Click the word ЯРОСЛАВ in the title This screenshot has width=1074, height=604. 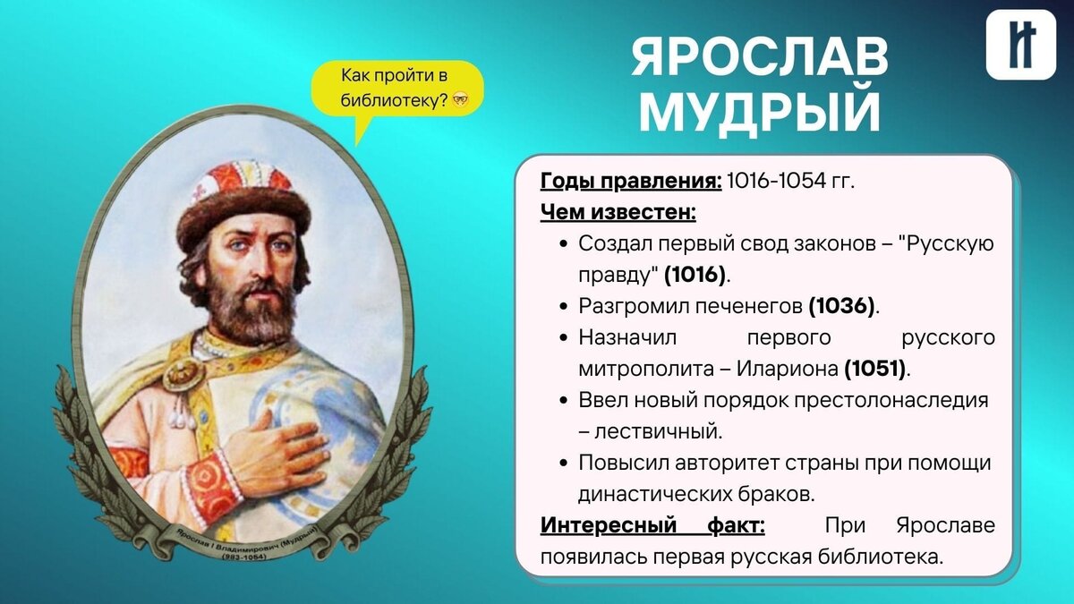point(760,59)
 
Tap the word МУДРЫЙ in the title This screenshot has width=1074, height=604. point(760,114)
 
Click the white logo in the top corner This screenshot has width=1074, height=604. point(1020,45)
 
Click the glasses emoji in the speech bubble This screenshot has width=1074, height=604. point(460,100)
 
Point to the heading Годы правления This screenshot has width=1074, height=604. point(630,182)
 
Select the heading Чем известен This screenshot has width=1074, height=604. point(618,213)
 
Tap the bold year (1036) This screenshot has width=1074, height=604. point(842,306)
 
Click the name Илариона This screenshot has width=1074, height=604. point(789,368)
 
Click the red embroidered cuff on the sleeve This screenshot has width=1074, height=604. point(211,489)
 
